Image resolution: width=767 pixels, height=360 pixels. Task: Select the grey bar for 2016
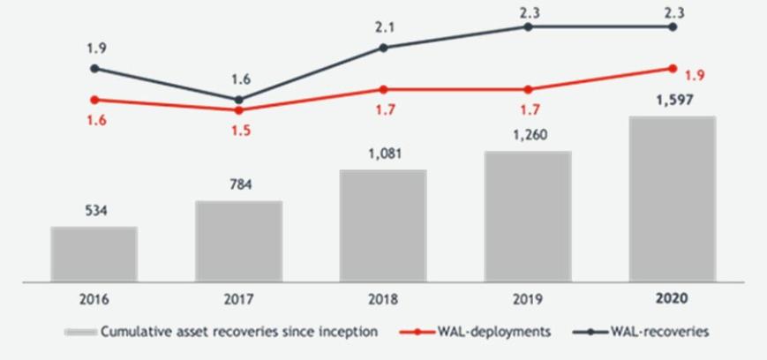point(94,253)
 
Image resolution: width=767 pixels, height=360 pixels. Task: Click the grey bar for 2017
point(239,240)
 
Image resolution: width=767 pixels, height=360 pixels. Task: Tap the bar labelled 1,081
point(383,225)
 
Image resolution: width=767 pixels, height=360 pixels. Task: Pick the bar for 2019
point(528,215)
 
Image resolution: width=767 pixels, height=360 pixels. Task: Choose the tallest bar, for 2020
point(673,199)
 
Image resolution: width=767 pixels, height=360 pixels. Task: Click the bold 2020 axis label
point(673,299)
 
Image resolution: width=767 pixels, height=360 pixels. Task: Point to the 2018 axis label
point(383,299)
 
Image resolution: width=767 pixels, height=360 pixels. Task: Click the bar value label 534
point(94,211)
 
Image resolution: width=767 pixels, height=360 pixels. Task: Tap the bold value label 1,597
point(673,100)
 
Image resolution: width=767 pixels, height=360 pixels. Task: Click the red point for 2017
point(239,109)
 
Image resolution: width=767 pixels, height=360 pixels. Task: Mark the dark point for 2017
point(239,99)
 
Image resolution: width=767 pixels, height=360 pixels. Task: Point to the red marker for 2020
point(673,68)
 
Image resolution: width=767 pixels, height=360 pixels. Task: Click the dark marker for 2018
point(383,47)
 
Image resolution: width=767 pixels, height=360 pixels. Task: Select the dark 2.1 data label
point(383,27)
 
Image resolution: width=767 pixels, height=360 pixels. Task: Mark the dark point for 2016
point(94,68)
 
